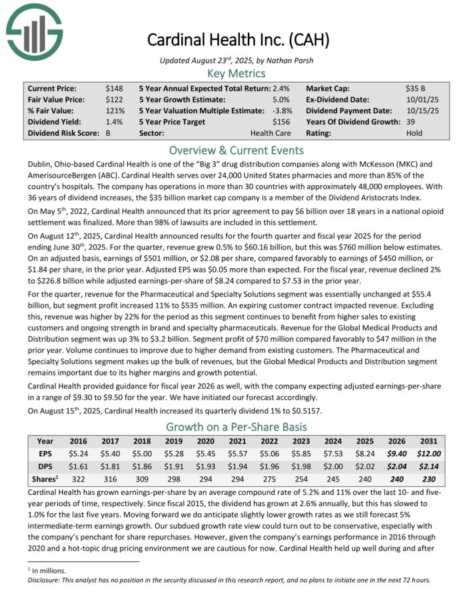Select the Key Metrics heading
coord(236,73)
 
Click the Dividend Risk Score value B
coord(109,133)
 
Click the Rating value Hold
coord(414,133)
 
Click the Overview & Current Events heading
coord(236,150)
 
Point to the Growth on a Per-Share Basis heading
coord(236,426)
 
